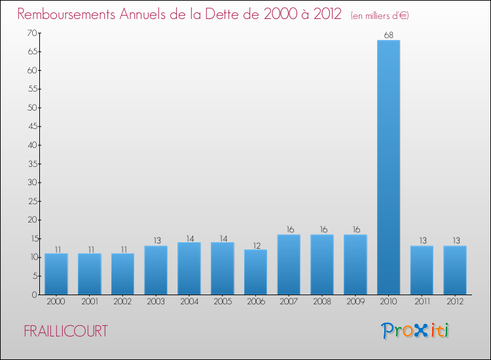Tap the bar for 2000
pyautogui.click(x=56, y=274)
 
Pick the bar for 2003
pyautogui.click(x=156, y=270)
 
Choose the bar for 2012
pyautogui.click(x=455, y=270)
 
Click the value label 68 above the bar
pyautogui.click(x=388, y=35)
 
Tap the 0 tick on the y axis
pyautogui.click(x=33, y=295)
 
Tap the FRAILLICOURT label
pyautogui.click(x=65, y=331)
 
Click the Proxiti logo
pyautogui.click(x=416, y=331)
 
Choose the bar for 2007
pyautogui.click(x=289, y=264)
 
